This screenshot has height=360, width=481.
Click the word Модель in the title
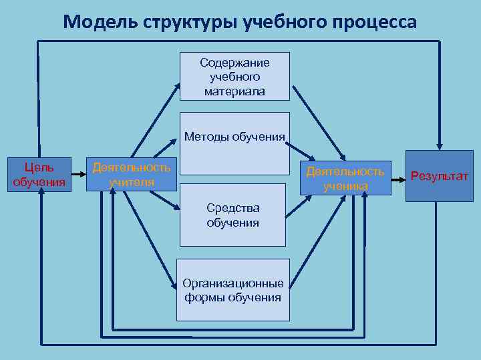(100, 22)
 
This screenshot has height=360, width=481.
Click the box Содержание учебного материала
(234, 77)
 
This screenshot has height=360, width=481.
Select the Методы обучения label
(234, 137)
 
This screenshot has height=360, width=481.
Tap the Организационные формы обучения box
(232, 290)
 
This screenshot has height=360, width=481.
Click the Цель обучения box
(39, 175)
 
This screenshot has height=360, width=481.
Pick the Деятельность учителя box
(131, 175)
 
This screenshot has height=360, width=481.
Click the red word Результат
(439, 176)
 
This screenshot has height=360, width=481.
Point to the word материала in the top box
(234, 91)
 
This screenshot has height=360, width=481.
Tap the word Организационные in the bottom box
(232, 283)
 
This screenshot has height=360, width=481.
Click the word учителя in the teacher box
(131, 181)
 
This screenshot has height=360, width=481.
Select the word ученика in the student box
(345, 186)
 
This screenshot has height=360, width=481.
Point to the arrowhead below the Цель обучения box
(41, 197)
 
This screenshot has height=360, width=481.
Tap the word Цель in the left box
(39, 167)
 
